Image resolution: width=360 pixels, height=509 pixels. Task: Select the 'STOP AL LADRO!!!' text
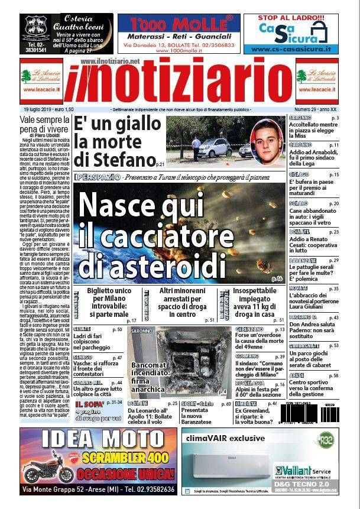point(291,18)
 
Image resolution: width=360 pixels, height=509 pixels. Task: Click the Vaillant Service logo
point(301,470)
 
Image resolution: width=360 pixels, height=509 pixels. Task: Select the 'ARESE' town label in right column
point(297,375)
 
